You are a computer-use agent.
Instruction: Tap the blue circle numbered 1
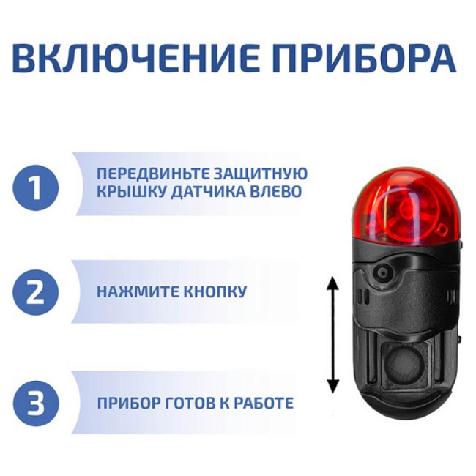35,188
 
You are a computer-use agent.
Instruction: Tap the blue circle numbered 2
35,292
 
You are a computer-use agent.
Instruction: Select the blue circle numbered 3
35,403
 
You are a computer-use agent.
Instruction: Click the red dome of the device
404,209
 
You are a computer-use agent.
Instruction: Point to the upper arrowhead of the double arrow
332,283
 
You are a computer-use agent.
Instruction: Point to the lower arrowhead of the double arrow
332,387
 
